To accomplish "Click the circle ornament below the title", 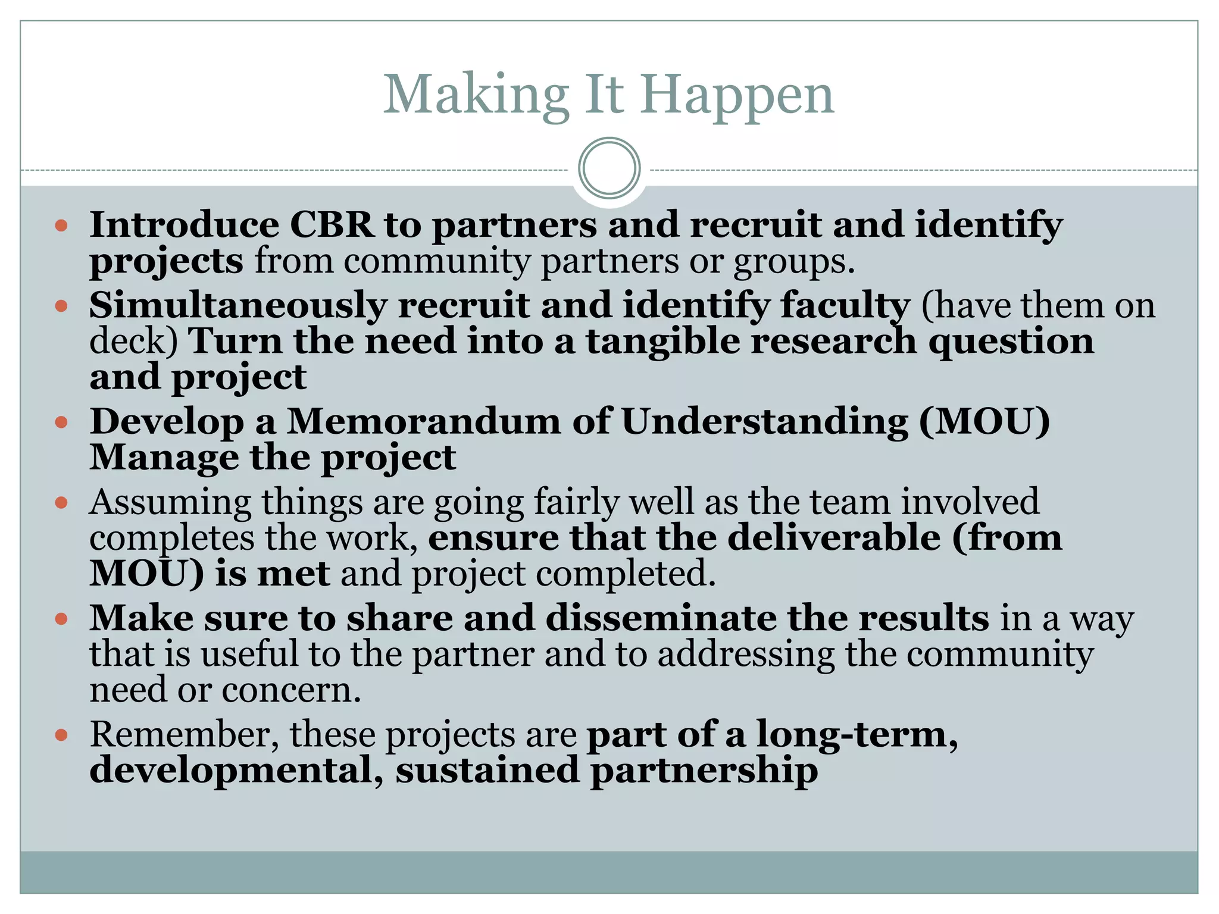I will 609,168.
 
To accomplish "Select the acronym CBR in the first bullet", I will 332,226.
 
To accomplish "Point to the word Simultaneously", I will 238,305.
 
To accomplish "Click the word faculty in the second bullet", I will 845,305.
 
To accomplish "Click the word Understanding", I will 765,422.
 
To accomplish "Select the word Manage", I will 164,458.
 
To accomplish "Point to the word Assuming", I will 170,503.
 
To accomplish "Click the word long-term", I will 857,734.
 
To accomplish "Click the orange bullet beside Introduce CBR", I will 61,226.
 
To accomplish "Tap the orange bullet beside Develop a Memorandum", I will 61,422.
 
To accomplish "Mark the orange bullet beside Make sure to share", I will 61,619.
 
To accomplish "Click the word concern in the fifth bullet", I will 291,690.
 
